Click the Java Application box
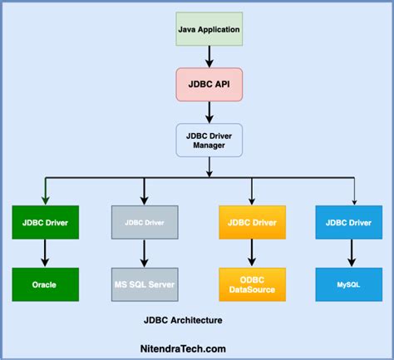(209, 30)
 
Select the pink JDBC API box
(209, 85)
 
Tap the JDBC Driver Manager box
(209, 141)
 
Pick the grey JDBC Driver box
(145, 223)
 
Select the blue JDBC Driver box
(350, 223)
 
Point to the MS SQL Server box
(145, 285)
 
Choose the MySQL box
(350, 285)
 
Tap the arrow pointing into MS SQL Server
(145, 254)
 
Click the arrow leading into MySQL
(350, 254)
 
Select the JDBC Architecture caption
(182, 319)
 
